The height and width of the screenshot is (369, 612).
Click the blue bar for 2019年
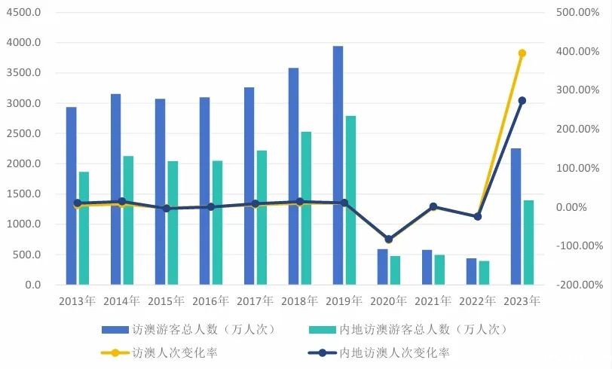pyautogui.click(x=338, y=166)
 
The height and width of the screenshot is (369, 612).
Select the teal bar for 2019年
pyautogui.click(x=350, y=200)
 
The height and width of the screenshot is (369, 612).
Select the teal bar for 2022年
pyautogui.click(x=484, y=273)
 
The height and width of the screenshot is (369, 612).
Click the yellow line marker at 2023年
pyautogui.click(x=522, y=53)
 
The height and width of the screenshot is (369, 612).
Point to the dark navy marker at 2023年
pyautogui.click(x=522, y=101)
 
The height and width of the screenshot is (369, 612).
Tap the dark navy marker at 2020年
pyautogui.click(x=388, y=239)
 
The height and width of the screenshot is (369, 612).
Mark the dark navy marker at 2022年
pyautogui.click(x=477, y=217)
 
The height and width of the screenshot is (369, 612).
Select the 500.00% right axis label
pyautogui.click(x=579, y=13)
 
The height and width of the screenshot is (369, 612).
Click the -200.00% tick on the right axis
pyautogui.click(x=579, y=285)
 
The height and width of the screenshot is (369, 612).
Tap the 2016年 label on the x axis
pyautogui.click(x=210, y=301)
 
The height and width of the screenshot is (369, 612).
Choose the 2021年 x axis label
pyautogui.click(x=433, y=301)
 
